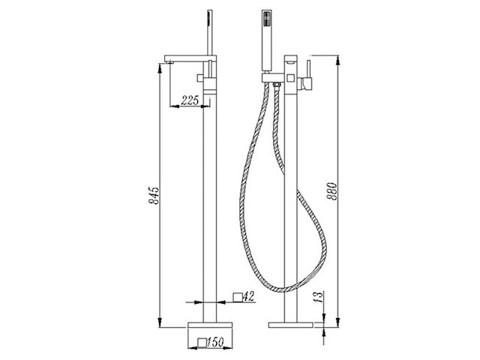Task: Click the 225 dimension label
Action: coord(190,100)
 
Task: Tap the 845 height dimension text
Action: coord(154,195)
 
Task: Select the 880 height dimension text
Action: coord(332,191)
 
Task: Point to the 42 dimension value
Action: coord(250,296)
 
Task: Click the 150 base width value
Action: coord(215,342)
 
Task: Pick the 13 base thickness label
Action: coord(319,297)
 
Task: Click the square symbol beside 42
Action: coord(238,297)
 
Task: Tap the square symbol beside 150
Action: coord(202,343)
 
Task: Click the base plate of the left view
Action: coord(210,325)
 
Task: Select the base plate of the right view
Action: coord(291,325)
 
